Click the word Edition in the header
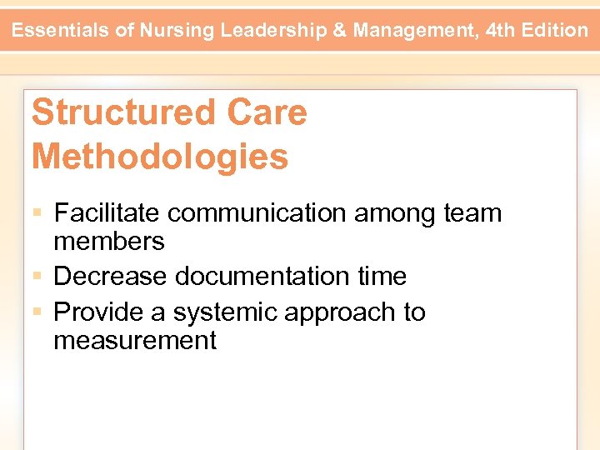555,31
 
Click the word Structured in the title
119,112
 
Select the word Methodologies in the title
160,156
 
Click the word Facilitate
107,213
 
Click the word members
109,242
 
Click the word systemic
226,312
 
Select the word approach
340,312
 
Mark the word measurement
135,340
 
